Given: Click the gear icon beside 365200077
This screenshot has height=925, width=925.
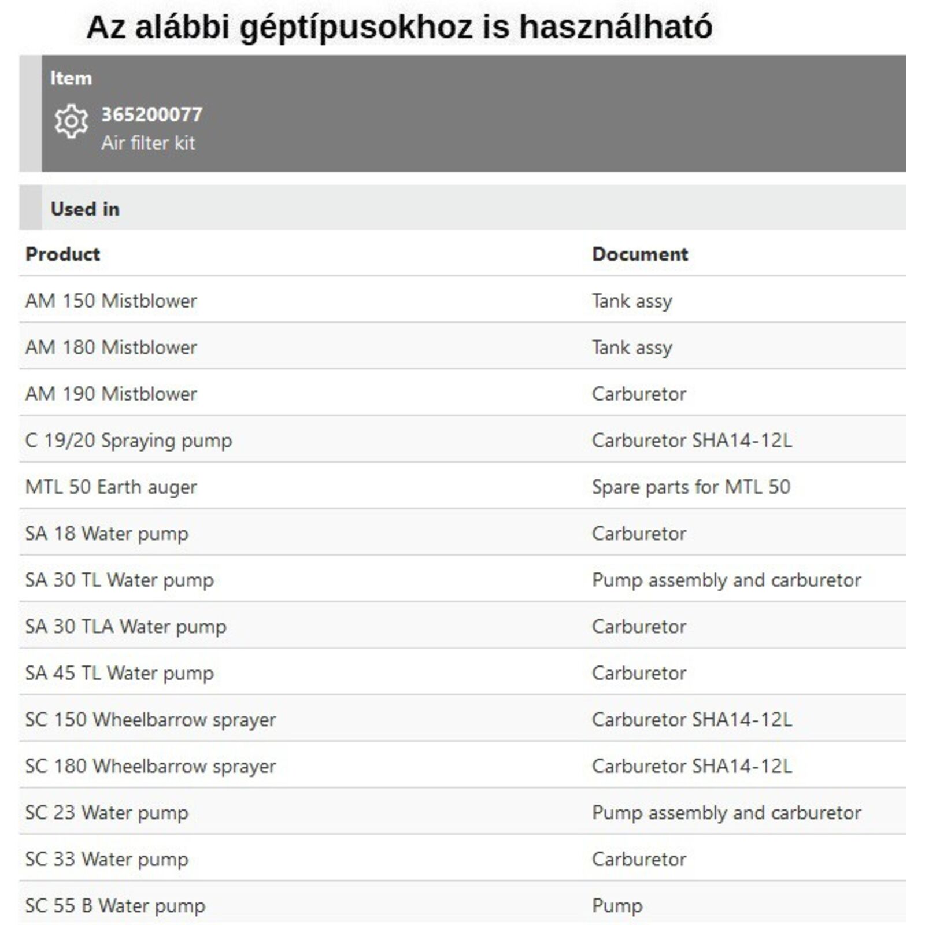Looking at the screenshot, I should click(71, 121).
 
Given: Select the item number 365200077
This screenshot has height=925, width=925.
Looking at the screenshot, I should click(152, 114).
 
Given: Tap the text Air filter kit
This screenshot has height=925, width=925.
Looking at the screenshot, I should click(148, 143).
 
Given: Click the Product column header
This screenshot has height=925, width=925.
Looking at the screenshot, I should click(62, 254).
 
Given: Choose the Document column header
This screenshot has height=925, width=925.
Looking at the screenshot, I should click(640, 254).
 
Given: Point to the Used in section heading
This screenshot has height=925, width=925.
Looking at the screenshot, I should click(85, 209).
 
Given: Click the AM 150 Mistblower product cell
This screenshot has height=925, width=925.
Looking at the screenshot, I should click(111, 301).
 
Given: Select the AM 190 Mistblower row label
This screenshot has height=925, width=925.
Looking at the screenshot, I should click(111, 394).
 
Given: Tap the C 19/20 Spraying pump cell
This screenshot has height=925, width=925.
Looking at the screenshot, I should click(128, 441).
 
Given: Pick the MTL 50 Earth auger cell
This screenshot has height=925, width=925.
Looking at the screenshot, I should click(111, 487).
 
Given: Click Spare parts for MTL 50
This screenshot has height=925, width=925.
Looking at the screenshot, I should click(691, 487).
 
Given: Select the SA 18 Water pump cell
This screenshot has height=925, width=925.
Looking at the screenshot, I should click(107, 534).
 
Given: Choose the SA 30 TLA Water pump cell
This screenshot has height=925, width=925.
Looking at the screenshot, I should click(125, 627).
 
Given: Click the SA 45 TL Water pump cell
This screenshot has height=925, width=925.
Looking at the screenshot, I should click(119, 673).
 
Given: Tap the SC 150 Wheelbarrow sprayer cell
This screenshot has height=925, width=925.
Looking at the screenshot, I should click(150, 720).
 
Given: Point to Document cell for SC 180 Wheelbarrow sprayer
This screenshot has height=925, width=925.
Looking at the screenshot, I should click(692, 766).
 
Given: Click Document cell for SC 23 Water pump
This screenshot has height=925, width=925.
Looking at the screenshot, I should click(726, 813).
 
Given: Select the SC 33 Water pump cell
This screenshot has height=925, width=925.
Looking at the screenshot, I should click(107, 859).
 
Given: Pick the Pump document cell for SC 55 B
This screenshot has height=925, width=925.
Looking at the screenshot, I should click(617, 905).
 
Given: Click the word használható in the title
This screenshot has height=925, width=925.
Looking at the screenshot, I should click(616, 27).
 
